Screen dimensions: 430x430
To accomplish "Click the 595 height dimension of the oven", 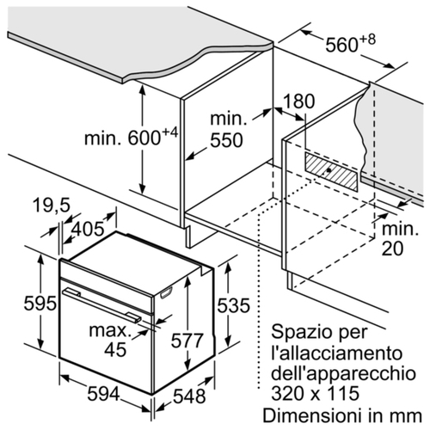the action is click(40, 304).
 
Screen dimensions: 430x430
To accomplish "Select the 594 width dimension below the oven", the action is click(103, 394).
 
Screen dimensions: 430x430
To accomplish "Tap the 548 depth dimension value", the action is click(189, 396).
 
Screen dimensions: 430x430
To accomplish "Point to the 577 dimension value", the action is click(187, 341).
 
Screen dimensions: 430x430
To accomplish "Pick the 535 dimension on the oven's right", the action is click(233, 305).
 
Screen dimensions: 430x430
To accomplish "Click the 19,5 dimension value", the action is click(52, 206).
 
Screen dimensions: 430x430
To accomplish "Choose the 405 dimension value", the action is click(88, 229).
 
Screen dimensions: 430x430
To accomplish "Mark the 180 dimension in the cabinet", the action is click(298, 101).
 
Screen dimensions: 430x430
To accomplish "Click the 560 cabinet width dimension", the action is click(341, 45).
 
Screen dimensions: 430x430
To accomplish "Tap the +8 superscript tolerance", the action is click(367, 40).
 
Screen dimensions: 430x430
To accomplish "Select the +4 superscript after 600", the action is click(170, 132).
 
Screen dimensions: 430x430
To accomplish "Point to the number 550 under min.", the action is click(226, 140).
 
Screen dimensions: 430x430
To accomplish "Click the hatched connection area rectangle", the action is click(331, 172).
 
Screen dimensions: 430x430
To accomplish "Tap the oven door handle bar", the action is click(102, 305).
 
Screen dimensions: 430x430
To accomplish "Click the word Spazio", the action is click(297, 333).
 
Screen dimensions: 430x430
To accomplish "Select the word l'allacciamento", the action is click(337, 353).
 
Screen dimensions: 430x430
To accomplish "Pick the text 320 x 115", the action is click(316, 393).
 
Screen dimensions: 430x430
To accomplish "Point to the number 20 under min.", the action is click(393, 248).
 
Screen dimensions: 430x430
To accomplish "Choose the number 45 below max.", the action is click(115, 349).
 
